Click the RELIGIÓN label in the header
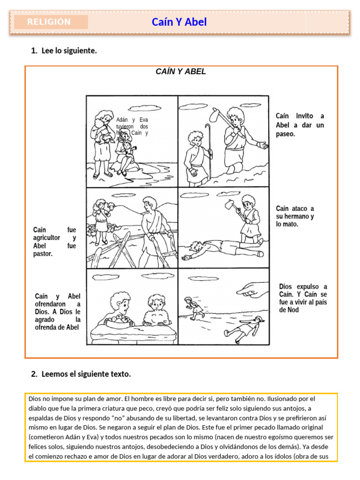pyautogui.click(x=49, y=22)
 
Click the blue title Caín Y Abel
pyautogui.click(x=179, y=22)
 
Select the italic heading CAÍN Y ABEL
pyautogui.click(x=181, y=72)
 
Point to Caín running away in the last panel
pyautogui.click(x=194, y=307)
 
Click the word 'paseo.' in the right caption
pyautogui.click(x=285, y=134)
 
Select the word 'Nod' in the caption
pyautogui.click(x=292, y=310)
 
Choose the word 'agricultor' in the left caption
pyautogui.click(x=47, y=238)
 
